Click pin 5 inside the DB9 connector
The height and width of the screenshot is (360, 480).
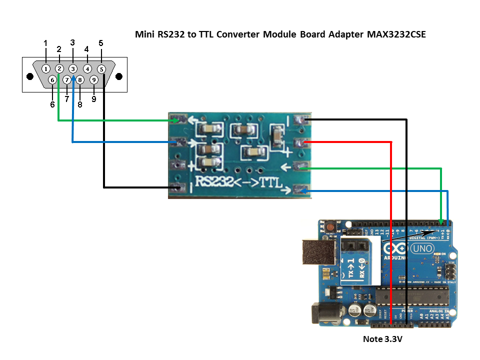coord(101,69)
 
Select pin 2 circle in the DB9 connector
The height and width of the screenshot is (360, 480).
coord(59,68)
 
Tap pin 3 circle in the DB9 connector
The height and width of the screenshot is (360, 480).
coord(73,68)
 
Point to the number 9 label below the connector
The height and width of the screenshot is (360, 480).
coord(94,99)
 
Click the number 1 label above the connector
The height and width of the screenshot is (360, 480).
coord(45,43)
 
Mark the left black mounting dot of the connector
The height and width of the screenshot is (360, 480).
coord(30,77)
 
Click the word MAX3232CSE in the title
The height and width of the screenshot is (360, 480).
coord(396,34)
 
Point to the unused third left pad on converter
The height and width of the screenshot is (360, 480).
coord(176,164)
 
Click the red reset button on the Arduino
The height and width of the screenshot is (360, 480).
coord(330,227)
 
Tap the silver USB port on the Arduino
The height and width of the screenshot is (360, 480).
coord(318,251)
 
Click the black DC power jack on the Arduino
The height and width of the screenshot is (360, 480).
coord(323,313)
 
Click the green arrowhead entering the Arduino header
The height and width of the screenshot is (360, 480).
coord(440,221)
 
